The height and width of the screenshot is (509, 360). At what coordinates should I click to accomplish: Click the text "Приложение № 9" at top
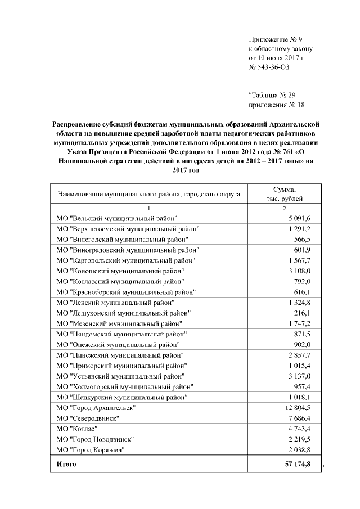(x=276, y=39)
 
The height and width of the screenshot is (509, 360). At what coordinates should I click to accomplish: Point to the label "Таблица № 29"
(x=275, y=95)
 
